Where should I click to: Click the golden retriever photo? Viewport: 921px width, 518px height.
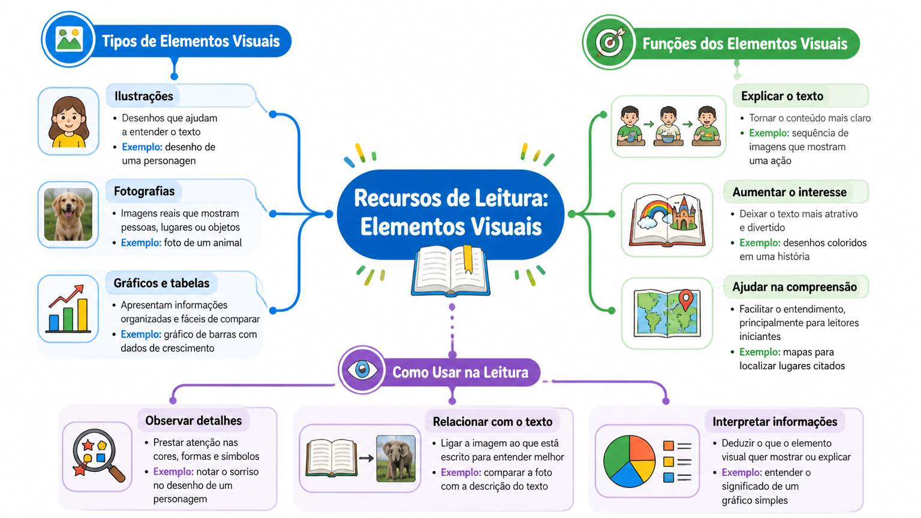point(68,214)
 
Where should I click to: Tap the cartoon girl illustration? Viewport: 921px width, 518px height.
point(68,122)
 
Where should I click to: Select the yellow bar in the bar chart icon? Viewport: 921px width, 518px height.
point(82,315)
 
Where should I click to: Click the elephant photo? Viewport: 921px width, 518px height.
point(396,459)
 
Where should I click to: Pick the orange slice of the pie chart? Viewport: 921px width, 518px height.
point(642,448)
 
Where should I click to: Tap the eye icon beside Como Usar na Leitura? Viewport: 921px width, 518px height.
point(362,369)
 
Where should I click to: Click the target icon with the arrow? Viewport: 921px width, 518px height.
point(610,43)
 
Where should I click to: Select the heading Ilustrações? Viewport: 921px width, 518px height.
point(144,96)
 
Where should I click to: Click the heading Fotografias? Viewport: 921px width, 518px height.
point(144,191)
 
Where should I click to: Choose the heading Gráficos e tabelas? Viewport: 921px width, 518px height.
point(161,283)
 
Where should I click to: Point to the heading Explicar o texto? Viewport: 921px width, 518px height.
point(782,96)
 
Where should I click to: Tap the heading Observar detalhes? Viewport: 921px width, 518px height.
point(193,420)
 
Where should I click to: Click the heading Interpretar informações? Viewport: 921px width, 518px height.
point(775,421)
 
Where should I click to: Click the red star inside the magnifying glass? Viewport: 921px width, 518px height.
point(88,445)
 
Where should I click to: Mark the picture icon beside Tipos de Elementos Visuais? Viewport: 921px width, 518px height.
point(69,40)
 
